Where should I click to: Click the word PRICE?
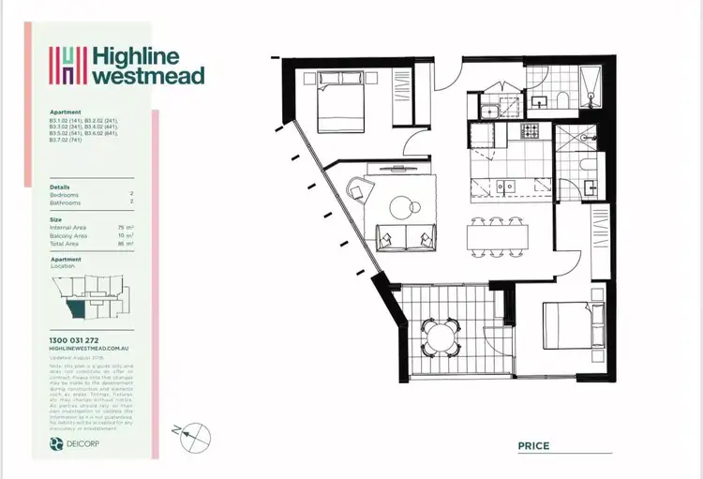[533, 446]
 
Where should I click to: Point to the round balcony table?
[441, 332]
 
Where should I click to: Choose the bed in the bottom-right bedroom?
[571, 329]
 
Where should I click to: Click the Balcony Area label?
[68, 235]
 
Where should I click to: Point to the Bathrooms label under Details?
[66, 202]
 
